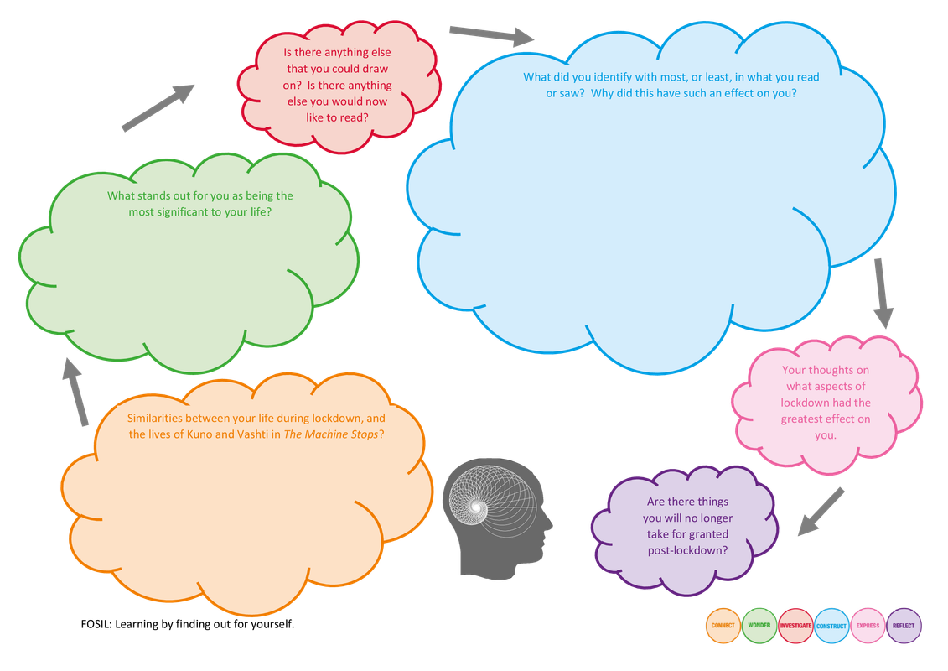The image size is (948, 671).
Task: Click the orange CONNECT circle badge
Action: pyautogui.click(x=723, y=626)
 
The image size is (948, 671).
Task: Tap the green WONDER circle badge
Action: pyautogui.click(x=759, y=626)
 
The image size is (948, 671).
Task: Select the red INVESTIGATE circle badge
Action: pyautogui.click(x=795, y=626)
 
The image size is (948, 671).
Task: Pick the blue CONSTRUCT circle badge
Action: pyautogui.click(x=831, y=626)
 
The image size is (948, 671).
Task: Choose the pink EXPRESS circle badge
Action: pyautogui.click(x=868, y=626)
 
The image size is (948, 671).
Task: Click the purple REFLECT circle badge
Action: pyautogui.click(x=904, y=626)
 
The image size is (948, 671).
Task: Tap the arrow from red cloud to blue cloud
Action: pyautogui.click(x=491, y=35)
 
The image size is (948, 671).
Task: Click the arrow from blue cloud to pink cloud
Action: pyautogui.click(x=882, y=292)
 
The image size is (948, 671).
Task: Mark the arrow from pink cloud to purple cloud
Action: pyautogui.click(x=820, y=512)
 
